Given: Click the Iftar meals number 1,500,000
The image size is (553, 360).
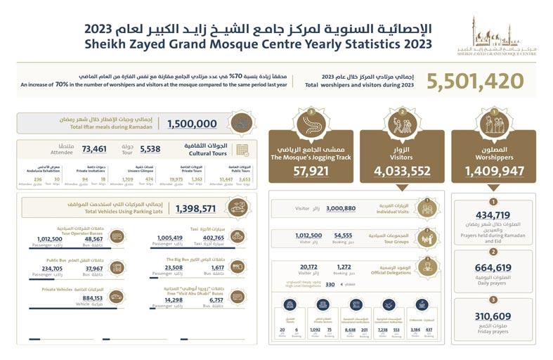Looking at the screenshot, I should pyautogui.click(x=192, y=124).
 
